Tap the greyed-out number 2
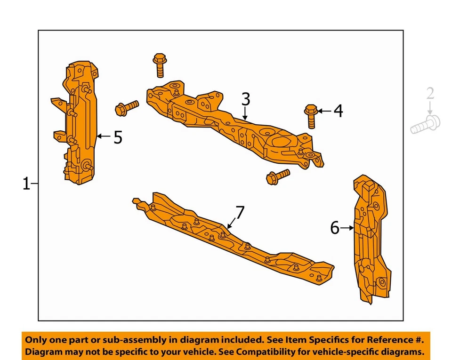tap(430, 93)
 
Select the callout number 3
tap(245, 99)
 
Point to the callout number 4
tap(338, 111)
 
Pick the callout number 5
tap(117, 137)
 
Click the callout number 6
tap(335, 228)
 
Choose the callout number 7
tap(240, 213)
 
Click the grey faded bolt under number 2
tap(425, 125)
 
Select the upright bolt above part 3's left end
tap(159, 65)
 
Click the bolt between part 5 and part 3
tap(126, 108)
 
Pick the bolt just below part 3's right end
tap(278, 177)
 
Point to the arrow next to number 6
tap(347, 228)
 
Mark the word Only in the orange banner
tap(36, 339)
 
